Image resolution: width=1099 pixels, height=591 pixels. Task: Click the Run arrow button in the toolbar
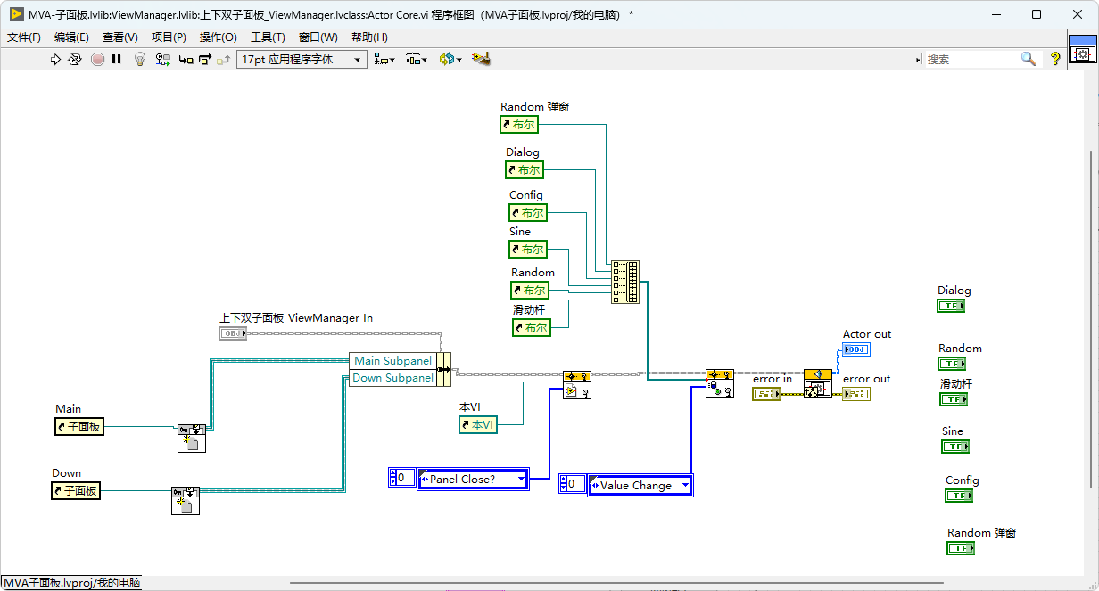[x=55, y=60]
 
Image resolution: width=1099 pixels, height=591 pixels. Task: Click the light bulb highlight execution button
[x=140, y=60]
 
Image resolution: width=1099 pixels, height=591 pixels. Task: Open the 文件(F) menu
[x=23, y=37]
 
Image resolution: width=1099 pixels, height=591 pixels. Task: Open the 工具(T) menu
[x=268, y=37]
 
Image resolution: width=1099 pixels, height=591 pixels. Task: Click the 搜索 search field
[x=971, y=60]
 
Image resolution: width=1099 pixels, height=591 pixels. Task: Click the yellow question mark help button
[x=1054, y=60]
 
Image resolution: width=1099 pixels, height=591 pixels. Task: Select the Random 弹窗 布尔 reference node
[x=519, y=125]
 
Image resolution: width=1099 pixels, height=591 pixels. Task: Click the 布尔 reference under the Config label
[x=528, y=213]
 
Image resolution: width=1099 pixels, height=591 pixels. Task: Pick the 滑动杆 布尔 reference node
[x=532, y=328]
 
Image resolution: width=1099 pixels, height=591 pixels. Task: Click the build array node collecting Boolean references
[x=625, y=282]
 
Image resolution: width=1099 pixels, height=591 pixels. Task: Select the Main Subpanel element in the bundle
[x=393, y=361]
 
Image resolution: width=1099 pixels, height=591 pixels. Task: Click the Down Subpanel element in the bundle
[x=393, y=378]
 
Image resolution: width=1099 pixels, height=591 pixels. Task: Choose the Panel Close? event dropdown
[x=473, y=479]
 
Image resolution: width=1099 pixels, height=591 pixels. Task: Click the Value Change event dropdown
[x=640, y=485]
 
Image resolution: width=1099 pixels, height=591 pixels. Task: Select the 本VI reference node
[x=478, y=424]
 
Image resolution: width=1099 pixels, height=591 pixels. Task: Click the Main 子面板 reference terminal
[x=79, y=427]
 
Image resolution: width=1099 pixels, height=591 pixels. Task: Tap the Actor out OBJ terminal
[x=856, y=349]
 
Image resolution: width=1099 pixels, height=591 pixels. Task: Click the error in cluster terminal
[x=766, y=394]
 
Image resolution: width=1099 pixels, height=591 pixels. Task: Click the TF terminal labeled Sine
[x=955, y=447]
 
